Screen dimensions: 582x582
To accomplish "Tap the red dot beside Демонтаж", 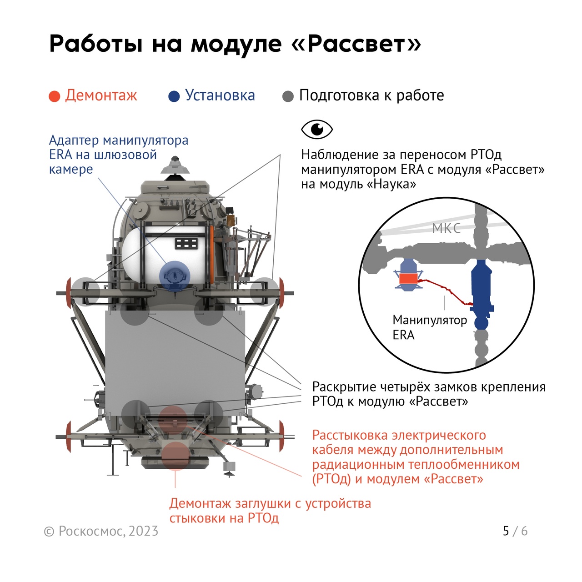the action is click(x=55, y=96).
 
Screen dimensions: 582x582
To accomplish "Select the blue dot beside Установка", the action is click(x=174, y=96).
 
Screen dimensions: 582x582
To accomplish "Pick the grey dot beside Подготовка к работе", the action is click(x=288, y=96).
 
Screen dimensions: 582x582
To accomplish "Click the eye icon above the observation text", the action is click(x=317, y=129).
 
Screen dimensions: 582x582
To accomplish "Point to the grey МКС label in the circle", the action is click(x=446, y=228).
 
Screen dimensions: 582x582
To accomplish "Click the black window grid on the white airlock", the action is click(x=187, y=243).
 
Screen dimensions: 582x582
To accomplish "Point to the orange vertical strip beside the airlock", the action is click(x=212, y=254).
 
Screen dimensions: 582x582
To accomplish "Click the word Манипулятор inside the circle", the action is click(x=430, y=320).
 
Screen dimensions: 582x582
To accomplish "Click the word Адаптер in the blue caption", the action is click(x=74, y=140).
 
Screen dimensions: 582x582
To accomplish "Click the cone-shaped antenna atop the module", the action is click(x=175, y=166).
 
